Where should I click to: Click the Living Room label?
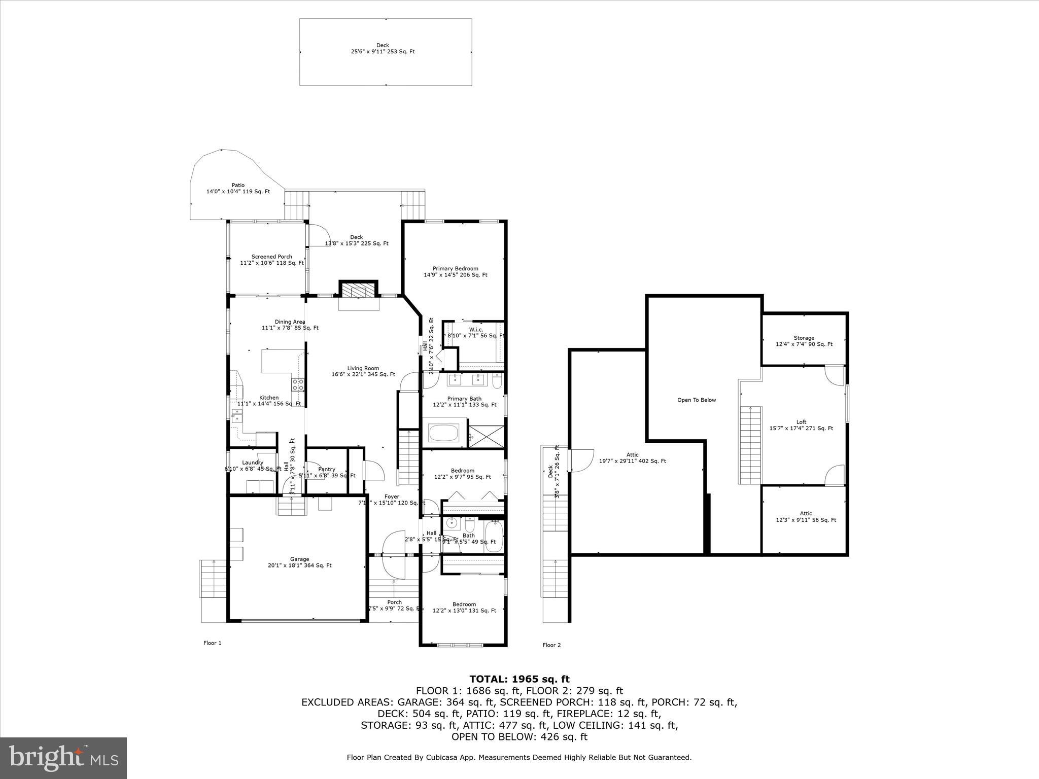coord(363,371)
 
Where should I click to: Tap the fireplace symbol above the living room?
coord(358,290)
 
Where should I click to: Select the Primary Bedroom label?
coord(455,272)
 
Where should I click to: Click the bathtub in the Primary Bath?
coord(443,433)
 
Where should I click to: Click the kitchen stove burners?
coord(298,384)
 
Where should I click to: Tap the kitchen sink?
coord(236,416)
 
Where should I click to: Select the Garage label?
coord(299,562)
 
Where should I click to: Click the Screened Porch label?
coord(271,260)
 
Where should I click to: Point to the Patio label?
coord(238,188)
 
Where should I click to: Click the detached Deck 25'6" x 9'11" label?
coord(383,48)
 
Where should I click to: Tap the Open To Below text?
coord(697,400)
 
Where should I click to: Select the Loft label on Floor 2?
coord(801,425)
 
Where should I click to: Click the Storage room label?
coord(804,341)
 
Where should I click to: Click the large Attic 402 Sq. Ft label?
coord(632,457)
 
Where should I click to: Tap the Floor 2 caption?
coord(551,645)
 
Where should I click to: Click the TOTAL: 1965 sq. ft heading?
coord(519,679)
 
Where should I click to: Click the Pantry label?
coord(327,472)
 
